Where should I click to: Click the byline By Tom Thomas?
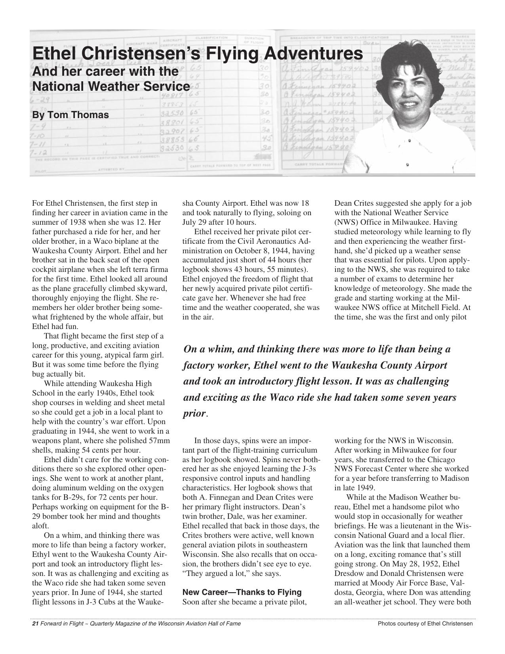pyautogui.click(x=70, y=115)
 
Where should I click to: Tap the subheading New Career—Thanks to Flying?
pyautogui.click(x=242, y=592)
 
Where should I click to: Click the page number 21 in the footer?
pyautogui.click(x=34, y=624)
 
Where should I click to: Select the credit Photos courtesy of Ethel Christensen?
pyautogui.click(x=425, y=624)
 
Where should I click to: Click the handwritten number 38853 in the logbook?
pyautogui.click(x=170, y=140)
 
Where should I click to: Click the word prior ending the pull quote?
pyautogui.click(x=194, y=413)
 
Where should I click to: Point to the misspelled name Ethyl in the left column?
pyautogui.click(x=41, y=554)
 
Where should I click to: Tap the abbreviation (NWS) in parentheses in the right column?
pyautogui.click(x=347, y=222)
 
